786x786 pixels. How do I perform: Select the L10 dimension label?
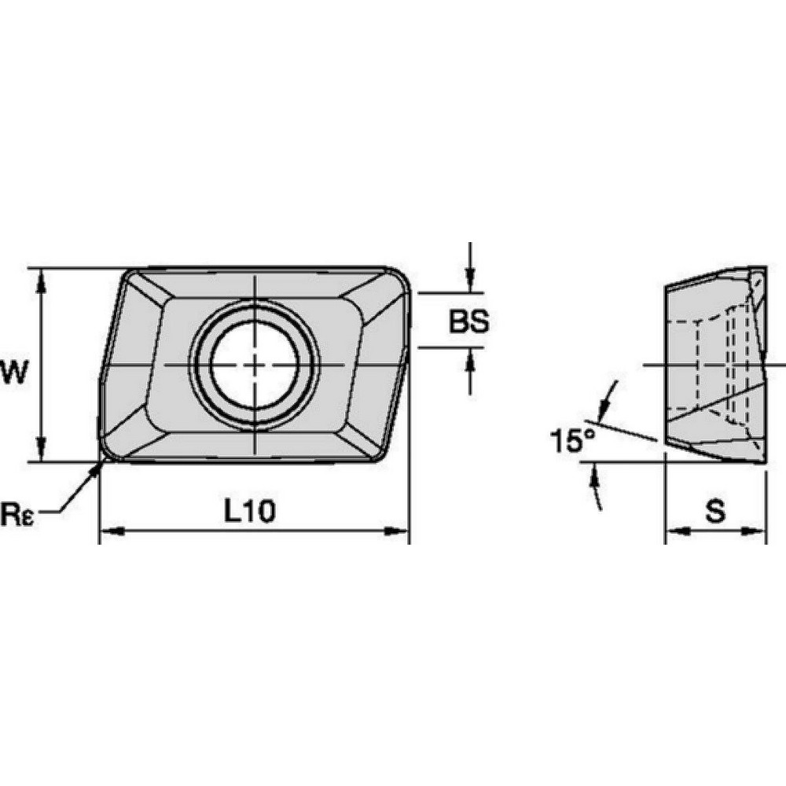tap(249, 512)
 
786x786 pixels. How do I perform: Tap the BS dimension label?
tap(469, 321)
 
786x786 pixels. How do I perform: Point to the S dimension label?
tap(714, 512)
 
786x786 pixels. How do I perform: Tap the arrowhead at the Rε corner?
tap(99, 468)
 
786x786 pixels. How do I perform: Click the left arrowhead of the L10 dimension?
tap(107, 532)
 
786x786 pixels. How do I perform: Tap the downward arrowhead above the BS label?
tap(469, 284)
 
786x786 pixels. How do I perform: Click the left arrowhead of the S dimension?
tap(674, 532)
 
